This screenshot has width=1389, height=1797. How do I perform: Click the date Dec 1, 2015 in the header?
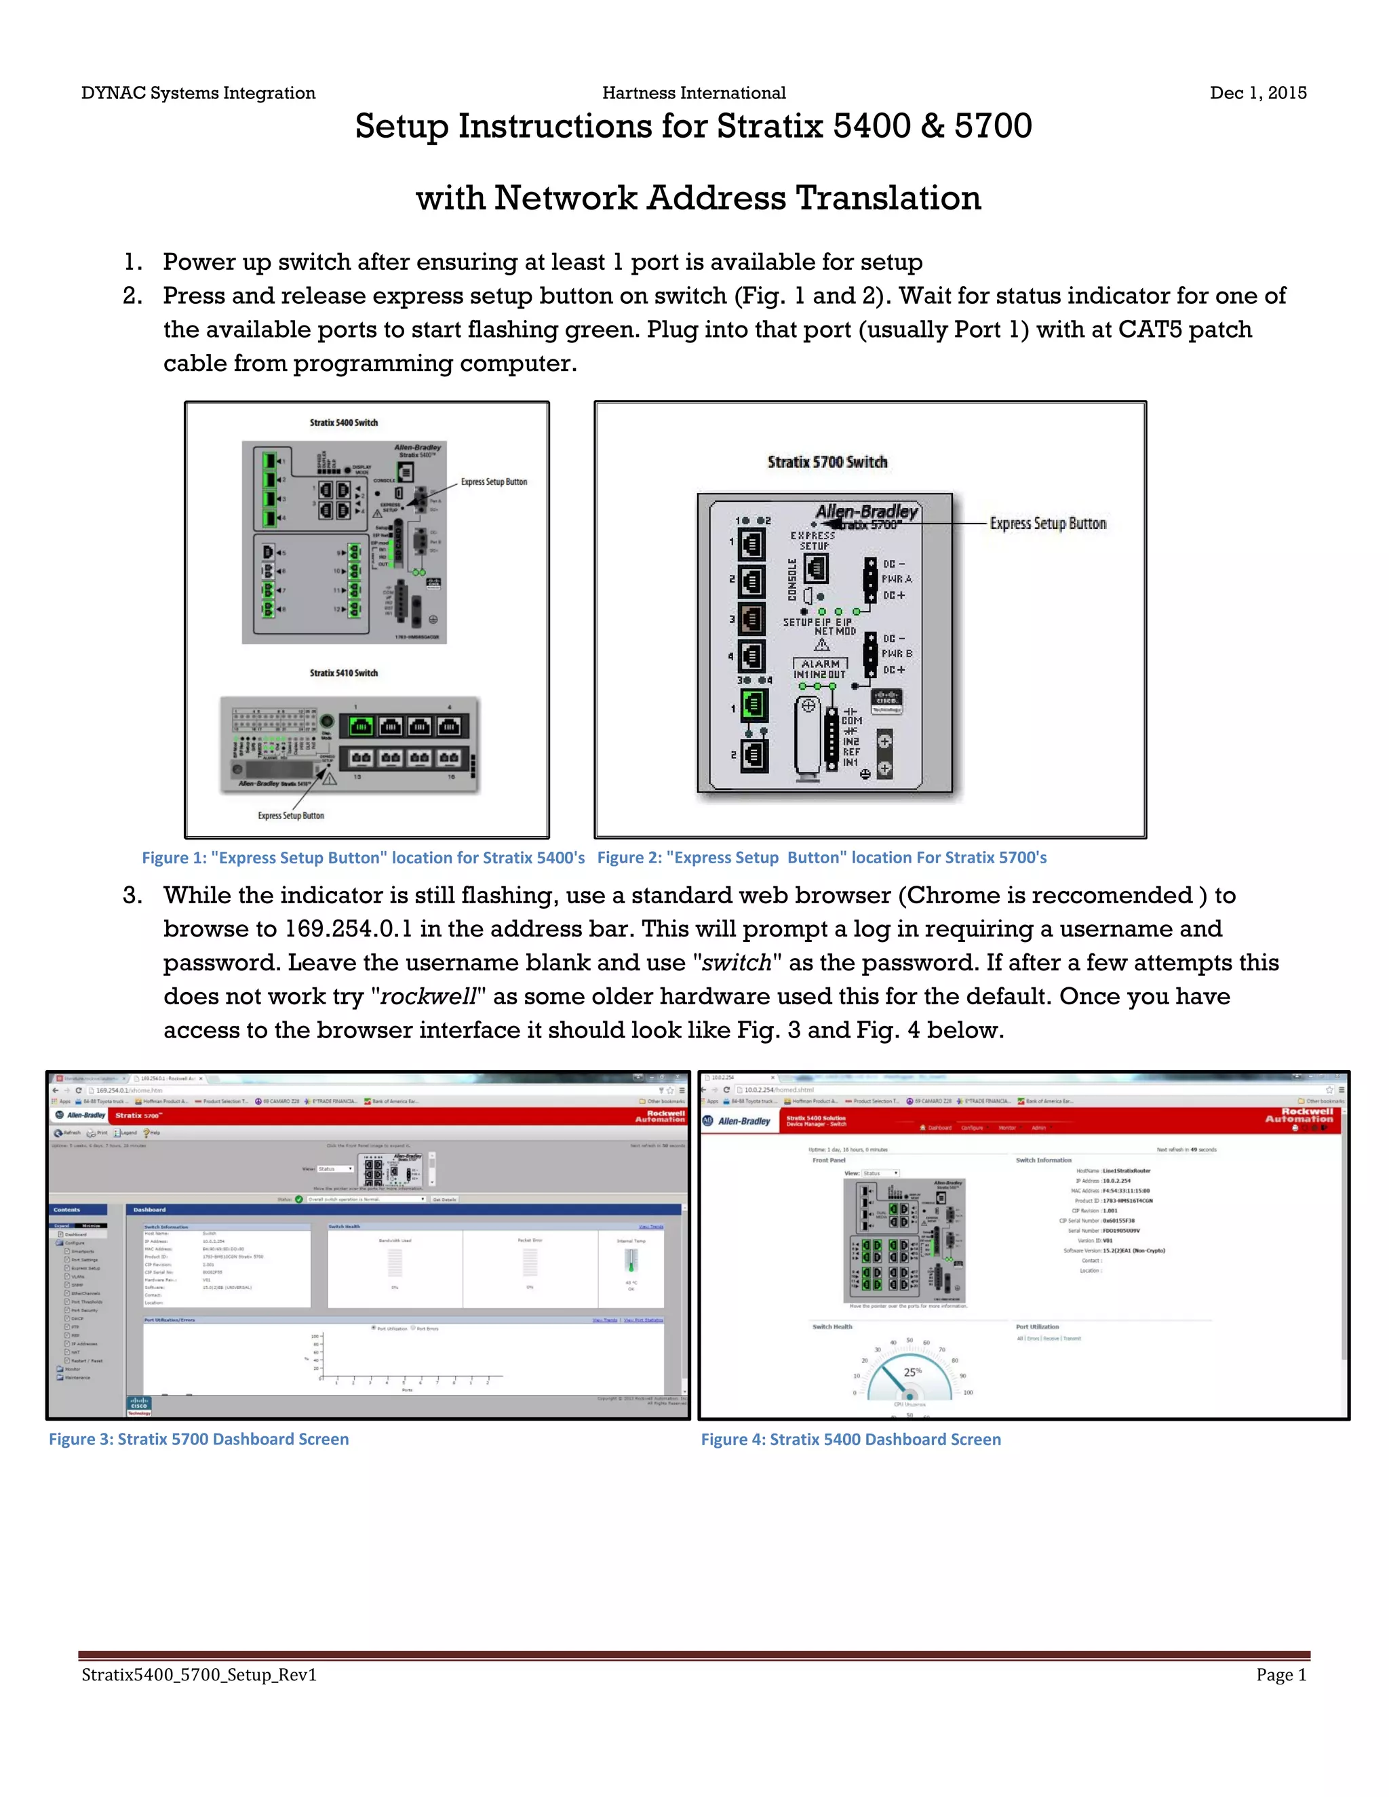[x=1257, y=93]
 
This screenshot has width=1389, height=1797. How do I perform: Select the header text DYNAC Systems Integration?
[x=198, y=93]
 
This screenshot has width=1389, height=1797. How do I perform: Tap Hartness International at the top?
[x=694, y=93]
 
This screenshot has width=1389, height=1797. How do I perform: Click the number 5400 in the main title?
[x=872, y=127]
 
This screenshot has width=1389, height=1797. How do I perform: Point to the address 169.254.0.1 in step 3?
[x=348, y=929]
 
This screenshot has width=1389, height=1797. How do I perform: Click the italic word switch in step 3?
[x=737, y=963]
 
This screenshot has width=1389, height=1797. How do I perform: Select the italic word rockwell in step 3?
[x=428, y=996]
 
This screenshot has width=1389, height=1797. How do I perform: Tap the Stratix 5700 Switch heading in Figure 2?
[x=827, y=462]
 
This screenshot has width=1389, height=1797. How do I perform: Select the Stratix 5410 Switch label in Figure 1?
[x=343, y=673]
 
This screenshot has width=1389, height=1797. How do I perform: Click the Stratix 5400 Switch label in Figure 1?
[x=343, y=423]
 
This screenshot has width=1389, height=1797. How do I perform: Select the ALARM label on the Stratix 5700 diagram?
[x=821, y=663]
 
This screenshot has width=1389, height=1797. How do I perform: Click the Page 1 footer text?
[x=1281, y=1675]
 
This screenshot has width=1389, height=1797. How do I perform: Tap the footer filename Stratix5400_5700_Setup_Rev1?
[x=199, y=1675]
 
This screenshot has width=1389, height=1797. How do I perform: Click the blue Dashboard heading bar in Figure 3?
[x=404, y=1210]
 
